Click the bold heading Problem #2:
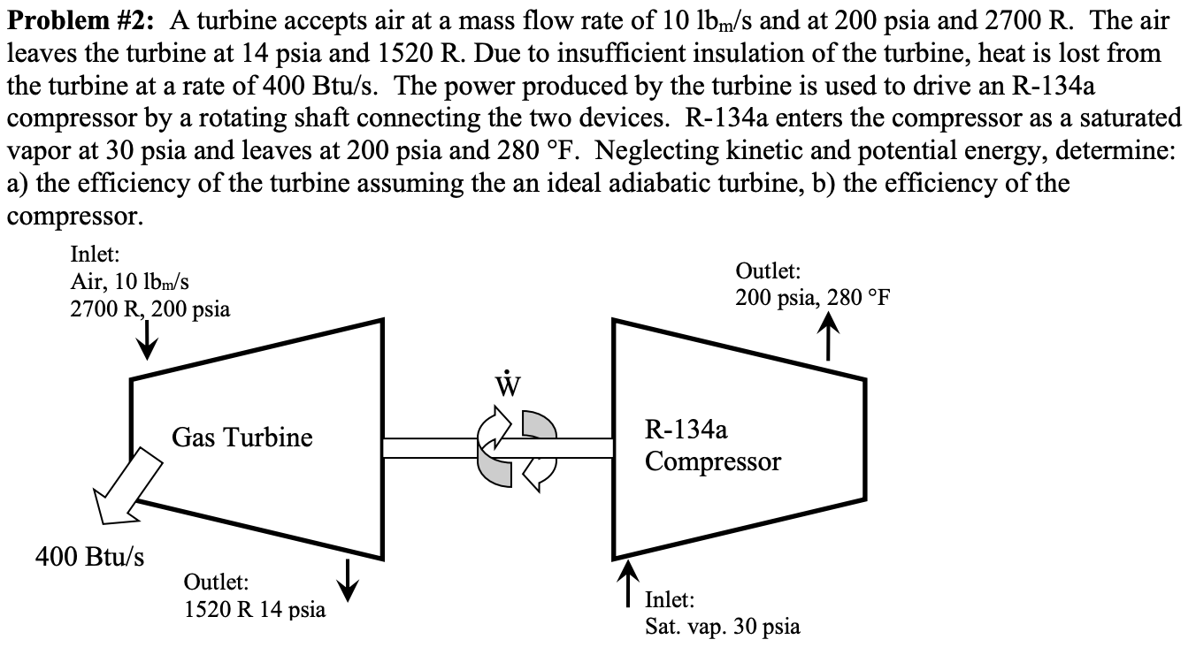click(75, 19)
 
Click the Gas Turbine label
click(242, 437)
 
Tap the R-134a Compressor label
click(713, 446)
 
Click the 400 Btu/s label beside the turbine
click(90, 558)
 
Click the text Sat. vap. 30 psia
click(723, 627)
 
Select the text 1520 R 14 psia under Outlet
click(254, 609)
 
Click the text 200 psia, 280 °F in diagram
click(812, 297)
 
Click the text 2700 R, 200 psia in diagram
click(150, 309)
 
